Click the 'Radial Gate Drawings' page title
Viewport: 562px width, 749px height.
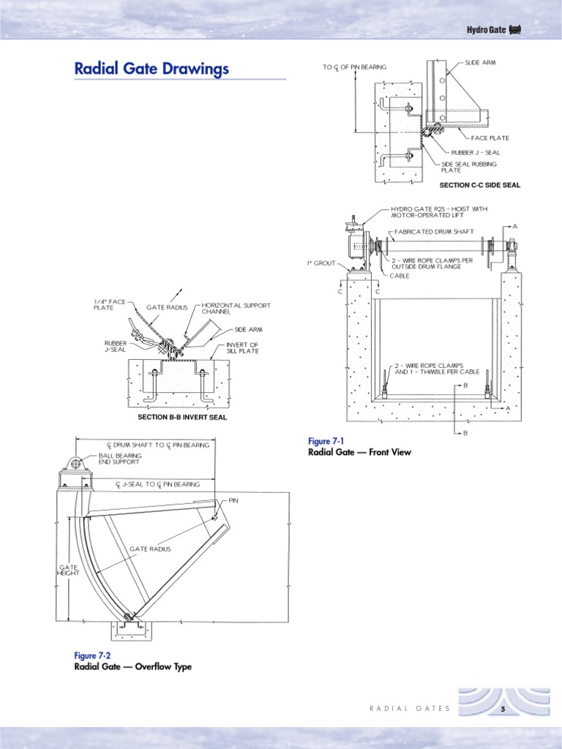point(151,69)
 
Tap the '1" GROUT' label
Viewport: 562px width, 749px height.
point(323,261)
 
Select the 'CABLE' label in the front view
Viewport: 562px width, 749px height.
point(400,276)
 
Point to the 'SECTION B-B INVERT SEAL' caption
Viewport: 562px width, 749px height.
point(182,418)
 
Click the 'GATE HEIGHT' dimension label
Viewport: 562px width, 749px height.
point(68,570)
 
